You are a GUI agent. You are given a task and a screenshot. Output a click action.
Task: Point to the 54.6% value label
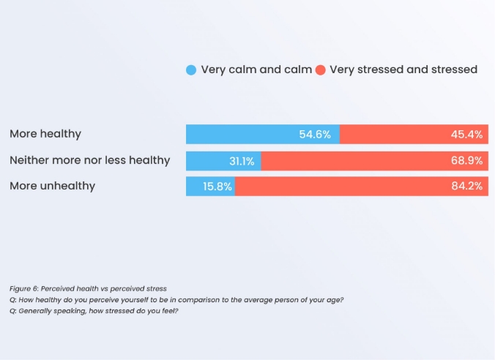click(x=315, y=135)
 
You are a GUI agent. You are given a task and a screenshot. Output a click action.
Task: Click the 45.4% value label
click(x=467, y=135)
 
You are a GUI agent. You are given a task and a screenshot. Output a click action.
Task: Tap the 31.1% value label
click(x=243, y=160)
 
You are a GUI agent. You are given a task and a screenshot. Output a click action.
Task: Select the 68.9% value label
click(x=467, y=160)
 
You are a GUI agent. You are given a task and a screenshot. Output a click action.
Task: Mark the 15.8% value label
click(x=217, y=187)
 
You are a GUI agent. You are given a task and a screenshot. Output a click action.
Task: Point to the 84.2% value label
click(x=467, y=187)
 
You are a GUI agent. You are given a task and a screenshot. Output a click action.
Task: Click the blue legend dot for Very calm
click(x=191, y=70)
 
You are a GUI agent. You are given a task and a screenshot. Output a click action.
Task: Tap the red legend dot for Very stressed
click(x=320, y=70)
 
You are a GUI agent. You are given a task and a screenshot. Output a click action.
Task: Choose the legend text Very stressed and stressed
click(x=403, y=70)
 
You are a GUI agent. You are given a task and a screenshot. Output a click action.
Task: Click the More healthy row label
click(x=45, y=134)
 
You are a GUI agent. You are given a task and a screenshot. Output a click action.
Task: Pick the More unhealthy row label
click(x=52, y=186)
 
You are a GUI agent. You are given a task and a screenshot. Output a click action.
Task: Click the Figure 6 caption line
click(x=88, y=288)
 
